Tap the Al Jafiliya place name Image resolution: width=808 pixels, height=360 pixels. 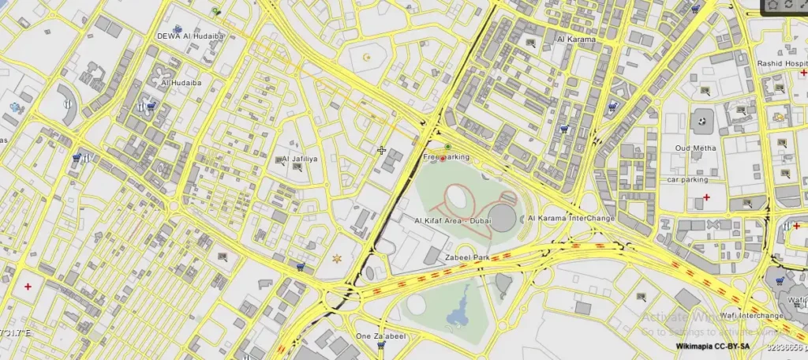[x=301, y=159]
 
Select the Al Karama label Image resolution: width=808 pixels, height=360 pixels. [x=575, y=39]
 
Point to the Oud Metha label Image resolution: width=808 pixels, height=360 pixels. [x=695, y=148]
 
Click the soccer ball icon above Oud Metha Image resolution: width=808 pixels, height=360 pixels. [x=701, y=121]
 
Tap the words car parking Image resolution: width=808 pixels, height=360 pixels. [x=687, y=180]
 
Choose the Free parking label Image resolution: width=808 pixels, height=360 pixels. [x=447, y=157]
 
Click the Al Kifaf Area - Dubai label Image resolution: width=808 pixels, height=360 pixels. [x=446, y=220]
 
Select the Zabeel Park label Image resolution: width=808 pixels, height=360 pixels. [x=468, y=258]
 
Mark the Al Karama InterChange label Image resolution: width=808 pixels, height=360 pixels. [x=571, y=219]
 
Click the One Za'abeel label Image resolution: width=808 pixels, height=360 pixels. [x=381, y=336]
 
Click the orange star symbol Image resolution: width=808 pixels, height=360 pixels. [x=338, y=258]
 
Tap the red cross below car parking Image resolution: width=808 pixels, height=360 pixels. [x=706, y=197]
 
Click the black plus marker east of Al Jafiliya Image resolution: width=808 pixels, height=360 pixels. [x=381, y=150]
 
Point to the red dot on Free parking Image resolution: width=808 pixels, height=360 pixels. [x=443, y=158]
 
